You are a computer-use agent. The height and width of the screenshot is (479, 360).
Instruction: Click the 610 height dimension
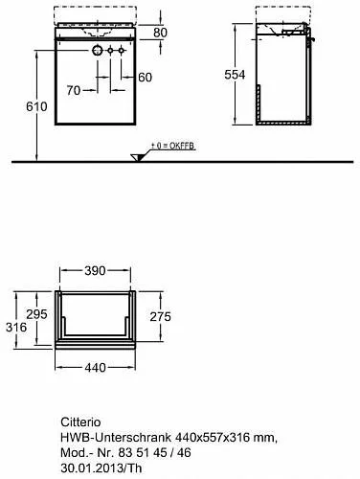click(x=36, y=106)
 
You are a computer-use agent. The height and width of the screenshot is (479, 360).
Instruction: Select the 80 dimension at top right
click(x=160, y=33)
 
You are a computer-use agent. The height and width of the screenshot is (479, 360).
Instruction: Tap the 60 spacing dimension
click(x=146, y=78)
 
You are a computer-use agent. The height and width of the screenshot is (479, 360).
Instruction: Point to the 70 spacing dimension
click(x=74, y=90)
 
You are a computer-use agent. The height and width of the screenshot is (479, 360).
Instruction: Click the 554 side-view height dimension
click(x=235, y=75)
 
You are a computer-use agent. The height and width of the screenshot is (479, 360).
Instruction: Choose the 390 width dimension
click(x=95, y=271)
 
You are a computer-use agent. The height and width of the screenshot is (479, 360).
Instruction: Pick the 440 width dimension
click(x=95, y=368)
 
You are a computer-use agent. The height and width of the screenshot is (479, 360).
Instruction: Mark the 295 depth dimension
click(x=36, y=314)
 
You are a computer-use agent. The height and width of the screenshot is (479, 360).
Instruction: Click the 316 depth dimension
click(x=16, y=328)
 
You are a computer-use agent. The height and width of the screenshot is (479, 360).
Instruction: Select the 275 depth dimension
click(x=161, y=317)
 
